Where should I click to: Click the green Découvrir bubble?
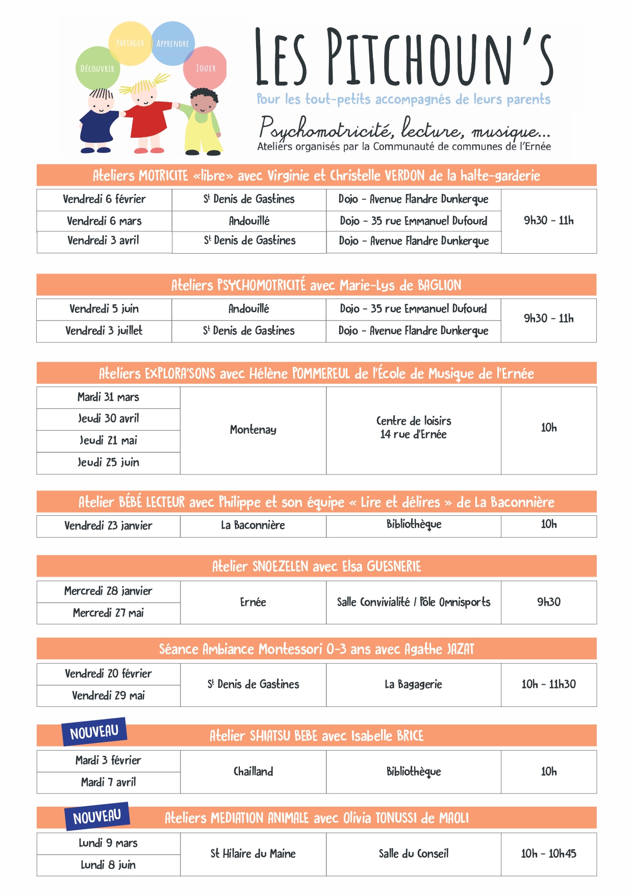coord(97,68)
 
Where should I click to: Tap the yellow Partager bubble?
coord(130,43)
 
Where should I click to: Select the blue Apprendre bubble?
coord(173,43)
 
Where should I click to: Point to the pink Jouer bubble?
coord(206,67)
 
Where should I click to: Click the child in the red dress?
coord(146,117)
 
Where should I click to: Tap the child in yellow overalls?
coord(204,122)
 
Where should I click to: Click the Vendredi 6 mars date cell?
coord(104,221)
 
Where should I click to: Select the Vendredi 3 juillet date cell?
coord(104,331)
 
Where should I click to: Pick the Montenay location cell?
coord(253,430)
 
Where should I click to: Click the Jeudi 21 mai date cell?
coord(108,440)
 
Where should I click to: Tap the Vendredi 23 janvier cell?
coord(108,526)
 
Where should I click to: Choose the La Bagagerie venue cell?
coord(413,684)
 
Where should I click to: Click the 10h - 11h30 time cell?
coord(548,684)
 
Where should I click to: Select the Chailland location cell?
coord(253,771)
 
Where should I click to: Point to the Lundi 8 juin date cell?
coord(108,864)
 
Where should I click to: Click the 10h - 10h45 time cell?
coord(548,853)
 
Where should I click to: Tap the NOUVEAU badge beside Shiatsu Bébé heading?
coord(94,732)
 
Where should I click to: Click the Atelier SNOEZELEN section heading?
coord(316,566)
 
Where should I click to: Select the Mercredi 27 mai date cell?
coord(108,613)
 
